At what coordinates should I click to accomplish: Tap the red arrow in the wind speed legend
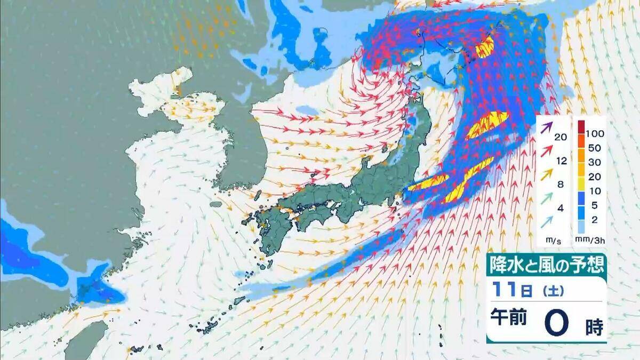point(546,151)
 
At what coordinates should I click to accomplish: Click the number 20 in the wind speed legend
point(560,137)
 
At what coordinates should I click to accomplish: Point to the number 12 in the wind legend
point(560,161)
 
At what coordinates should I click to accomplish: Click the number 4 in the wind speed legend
point(560,207)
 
